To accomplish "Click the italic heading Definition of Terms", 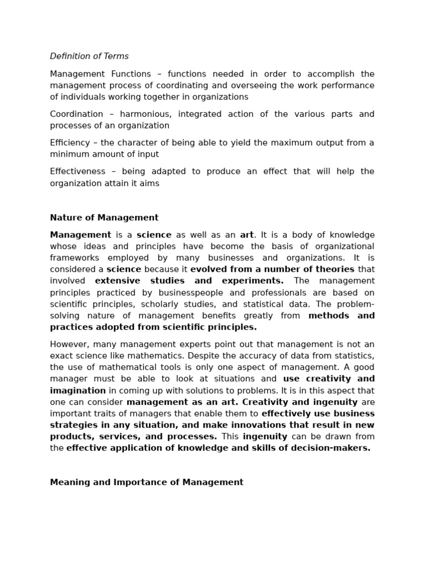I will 89,56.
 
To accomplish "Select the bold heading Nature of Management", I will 104,218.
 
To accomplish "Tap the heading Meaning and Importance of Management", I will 147,482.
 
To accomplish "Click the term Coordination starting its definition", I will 76,114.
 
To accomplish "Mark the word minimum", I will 70,154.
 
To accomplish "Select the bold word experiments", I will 252,281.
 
